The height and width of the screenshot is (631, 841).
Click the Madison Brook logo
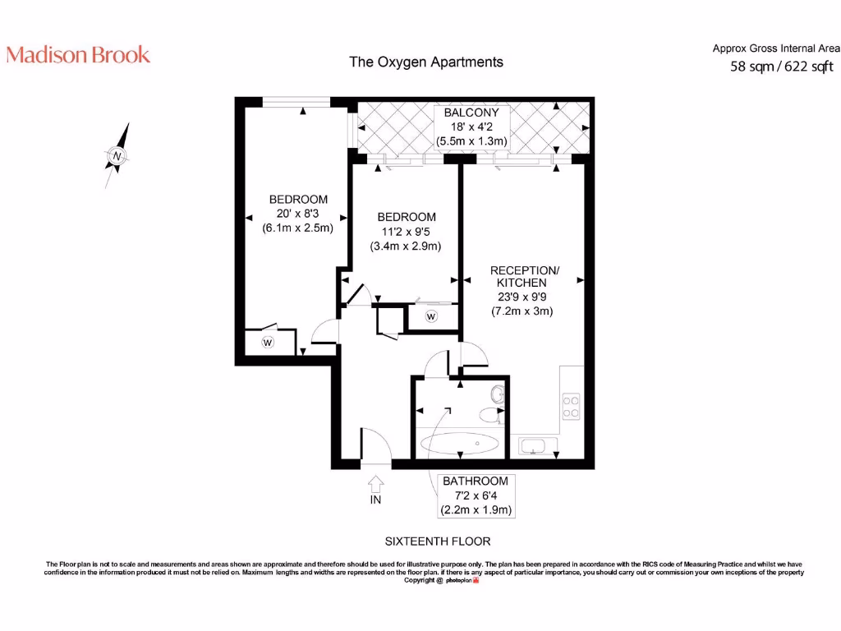[x=78, y=55]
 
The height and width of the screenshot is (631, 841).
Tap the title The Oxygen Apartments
[x=426, y=62]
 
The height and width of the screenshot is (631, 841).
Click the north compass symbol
[x=117, y=155]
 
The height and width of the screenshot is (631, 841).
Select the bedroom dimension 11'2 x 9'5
[x=406, y=232]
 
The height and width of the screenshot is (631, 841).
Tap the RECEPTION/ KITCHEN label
[x=525, y=276]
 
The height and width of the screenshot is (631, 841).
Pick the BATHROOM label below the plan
[x=476, y=481]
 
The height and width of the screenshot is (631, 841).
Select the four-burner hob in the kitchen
[x=571, y=407]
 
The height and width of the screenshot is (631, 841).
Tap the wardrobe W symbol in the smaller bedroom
[x=431, y=316]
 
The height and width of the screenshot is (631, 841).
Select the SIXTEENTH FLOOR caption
[x=438, y=541]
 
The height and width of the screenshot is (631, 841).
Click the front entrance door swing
[x=375, y=448]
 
